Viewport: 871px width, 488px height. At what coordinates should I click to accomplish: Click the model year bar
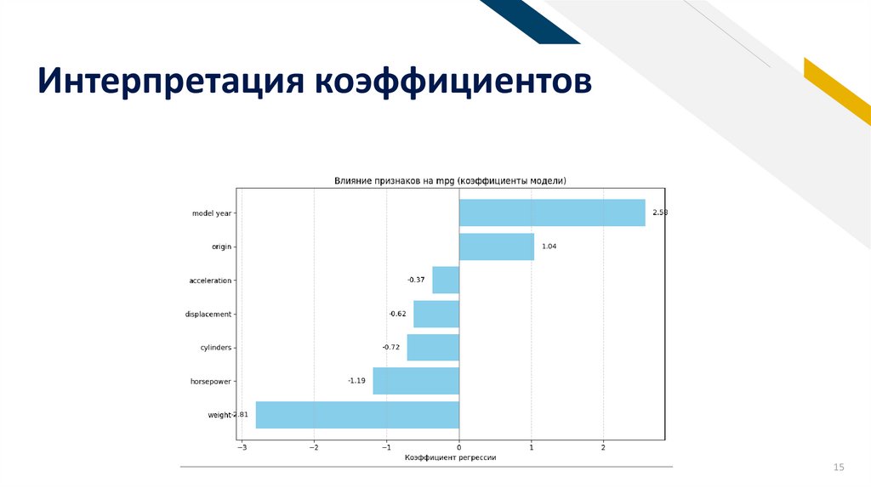[x=552, y=213]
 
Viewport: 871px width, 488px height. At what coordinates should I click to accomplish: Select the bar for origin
[x=497, y=247]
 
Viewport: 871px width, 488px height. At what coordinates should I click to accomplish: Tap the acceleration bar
[x=446, y=280]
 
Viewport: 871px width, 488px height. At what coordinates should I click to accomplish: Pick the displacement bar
[x=436, y=314]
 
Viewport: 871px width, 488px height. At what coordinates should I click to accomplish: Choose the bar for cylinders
[x=433, y=348]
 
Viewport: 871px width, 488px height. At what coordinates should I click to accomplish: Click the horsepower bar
[x=416, y=381]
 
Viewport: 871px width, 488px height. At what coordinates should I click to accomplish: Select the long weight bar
[x=357, y=415]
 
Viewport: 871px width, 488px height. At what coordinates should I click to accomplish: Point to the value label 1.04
[x=549, y=247]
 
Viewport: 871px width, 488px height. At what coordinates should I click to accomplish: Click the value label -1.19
[x=356, y=381]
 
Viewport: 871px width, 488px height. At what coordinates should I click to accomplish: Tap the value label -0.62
[x=398, y=314]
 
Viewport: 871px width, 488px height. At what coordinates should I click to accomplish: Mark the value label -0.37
[x=416, y=280]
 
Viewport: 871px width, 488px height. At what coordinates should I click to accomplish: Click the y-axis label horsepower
[x=210, y=382]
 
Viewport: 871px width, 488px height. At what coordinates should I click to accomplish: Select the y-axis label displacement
[x=208, y=315]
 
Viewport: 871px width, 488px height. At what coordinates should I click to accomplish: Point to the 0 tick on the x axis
[x=458, y=447]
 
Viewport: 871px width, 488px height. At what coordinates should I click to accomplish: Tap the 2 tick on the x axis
[x=603, y=447]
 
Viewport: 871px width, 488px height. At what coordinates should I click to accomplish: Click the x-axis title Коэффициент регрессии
[x=450, y=457]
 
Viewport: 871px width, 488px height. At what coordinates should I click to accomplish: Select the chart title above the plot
[x=450, y=180]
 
